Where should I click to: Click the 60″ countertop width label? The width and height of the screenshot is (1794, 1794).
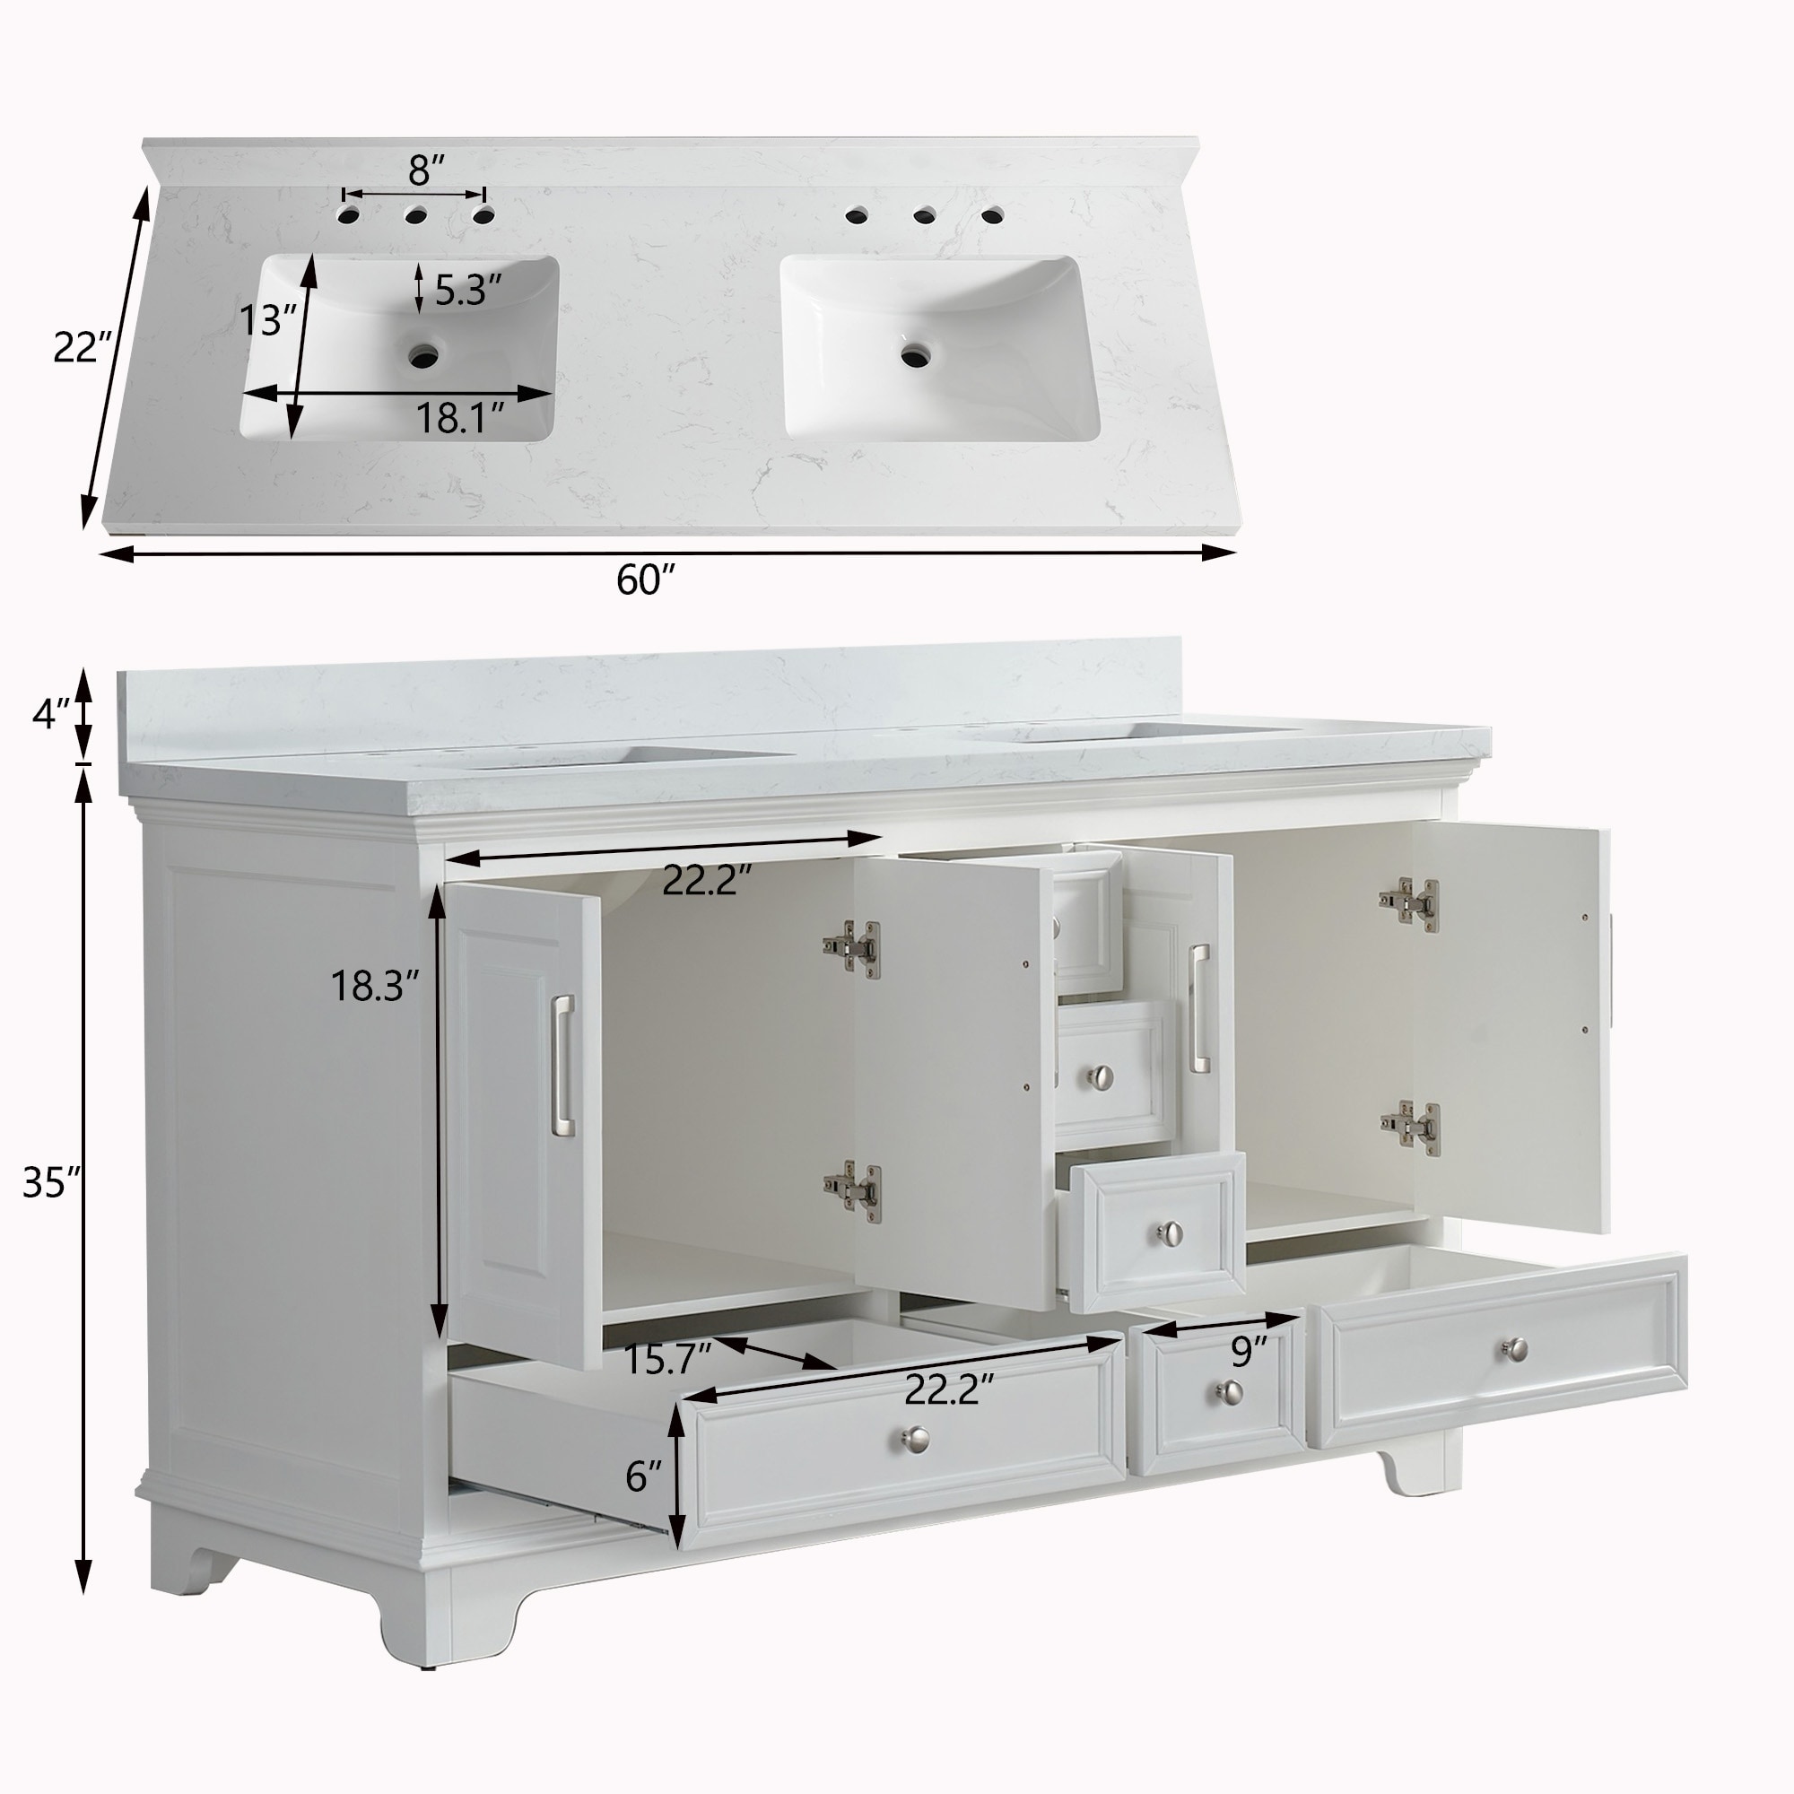tap(644, 580)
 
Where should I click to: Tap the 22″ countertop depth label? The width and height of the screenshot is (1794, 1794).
tap(82, 348)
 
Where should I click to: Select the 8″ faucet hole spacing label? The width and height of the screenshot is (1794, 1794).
tap(426, 170)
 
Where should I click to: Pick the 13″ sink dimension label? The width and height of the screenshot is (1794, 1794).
tap(267, 321)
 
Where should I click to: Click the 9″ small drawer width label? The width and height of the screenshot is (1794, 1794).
tap(1249, 1353)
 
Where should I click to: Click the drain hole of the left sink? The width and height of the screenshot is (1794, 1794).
tap(425, 353)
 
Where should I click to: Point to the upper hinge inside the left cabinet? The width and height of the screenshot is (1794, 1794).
tap(850, 948)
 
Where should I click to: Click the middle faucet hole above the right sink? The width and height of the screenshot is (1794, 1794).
tap(924, 216)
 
